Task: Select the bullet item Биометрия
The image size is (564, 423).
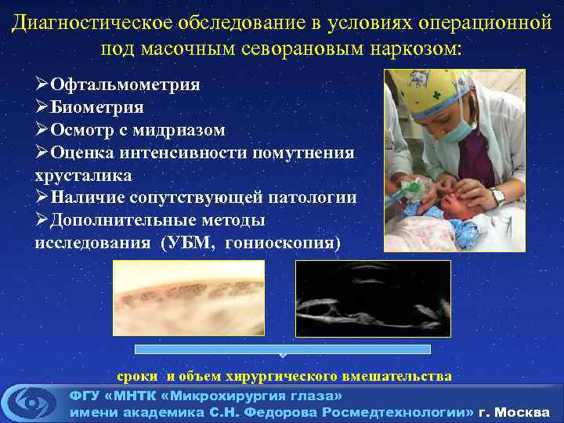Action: (97, 107)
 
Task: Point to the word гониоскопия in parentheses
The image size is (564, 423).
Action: (281, 243)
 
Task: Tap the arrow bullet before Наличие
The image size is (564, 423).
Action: (42, 197)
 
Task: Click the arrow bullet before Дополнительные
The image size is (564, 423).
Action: (42, 220)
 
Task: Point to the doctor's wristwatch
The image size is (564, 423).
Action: (498, 196)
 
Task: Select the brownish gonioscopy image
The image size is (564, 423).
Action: (189, 298)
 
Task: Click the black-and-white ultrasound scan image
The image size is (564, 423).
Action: (373, 298)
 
